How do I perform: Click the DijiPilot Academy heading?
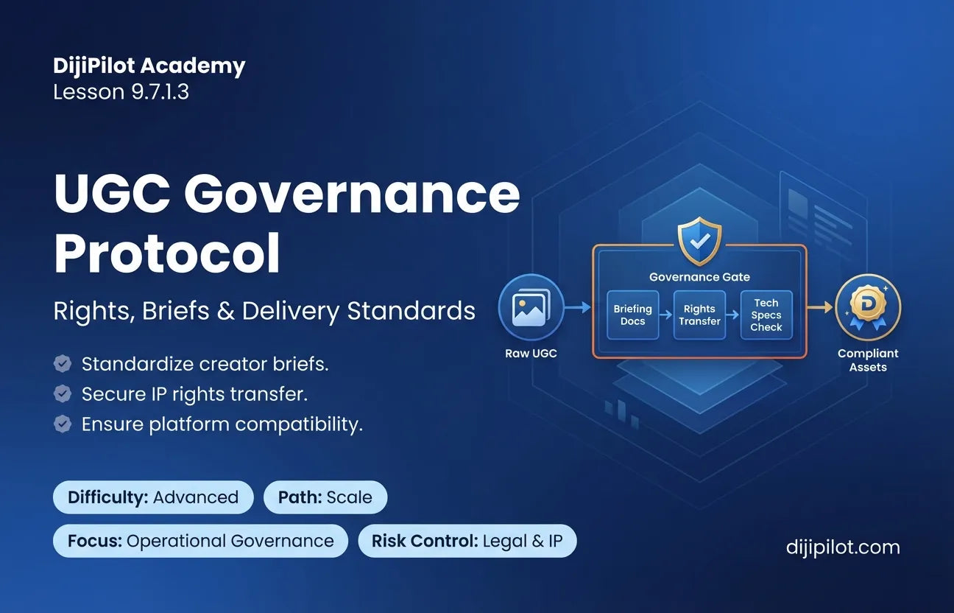pos(149,66)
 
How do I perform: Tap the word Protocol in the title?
pos(167,253)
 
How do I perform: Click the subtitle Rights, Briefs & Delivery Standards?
pos(264,311)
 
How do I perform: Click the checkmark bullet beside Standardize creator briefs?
pos(63,364)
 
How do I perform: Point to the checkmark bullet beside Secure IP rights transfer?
pos(63,394)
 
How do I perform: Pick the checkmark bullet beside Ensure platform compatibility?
pos(63,424)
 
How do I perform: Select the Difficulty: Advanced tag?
pos(153,497)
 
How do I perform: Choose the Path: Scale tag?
pos(325,497)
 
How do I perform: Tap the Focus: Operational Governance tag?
pos(201,541)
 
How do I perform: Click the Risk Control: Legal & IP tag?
pos(467,541)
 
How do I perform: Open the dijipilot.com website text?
pos(843,547)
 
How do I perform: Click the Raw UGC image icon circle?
pos(531,307)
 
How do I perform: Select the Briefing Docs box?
pos(633,315)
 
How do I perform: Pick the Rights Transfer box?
pos(699,315)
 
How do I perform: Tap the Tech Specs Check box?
pos(766,315)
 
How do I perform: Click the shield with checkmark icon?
pos(700,241)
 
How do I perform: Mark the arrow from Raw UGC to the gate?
pos(578,306)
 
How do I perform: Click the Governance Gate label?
pos(699,277)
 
